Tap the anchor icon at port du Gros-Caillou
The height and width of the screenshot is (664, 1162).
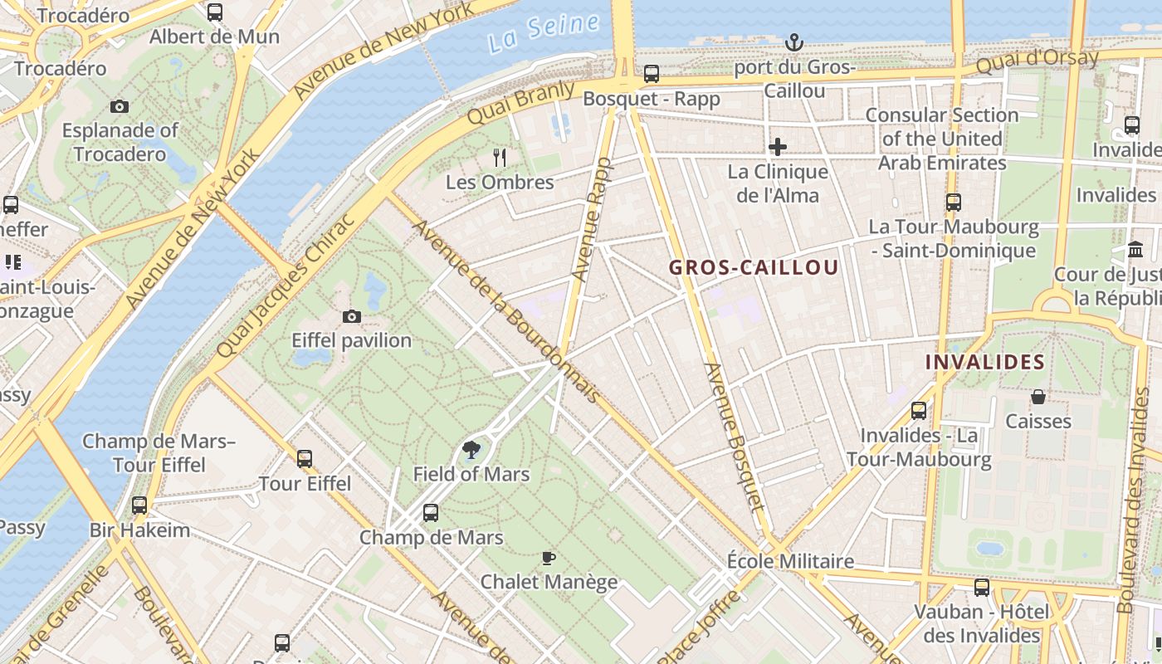pyautogui.click(x=794, y=42)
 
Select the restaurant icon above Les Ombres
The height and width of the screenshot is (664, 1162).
pyautogui.click(x=500, y=157)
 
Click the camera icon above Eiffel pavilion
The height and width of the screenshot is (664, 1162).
pyautogui.click(x=352, y=316)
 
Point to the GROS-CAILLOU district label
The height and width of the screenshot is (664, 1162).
pyautogui.click(x=754, y=267)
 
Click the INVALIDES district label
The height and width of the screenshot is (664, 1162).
pyautogui.click(x=984, y=362)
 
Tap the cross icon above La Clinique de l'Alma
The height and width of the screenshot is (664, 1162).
pyautogui.click(x=778, y=147)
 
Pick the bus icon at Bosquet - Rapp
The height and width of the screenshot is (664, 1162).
pyautogui.click(x=652, y=74)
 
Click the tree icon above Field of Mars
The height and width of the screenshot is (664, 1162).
pyautogui.click(x=471, y=450)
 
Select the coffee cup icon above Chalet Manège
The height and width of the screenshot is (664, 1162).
pyautogui.click(x=548, y=558)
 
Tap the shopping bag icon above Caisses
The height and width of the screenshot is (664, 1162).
pyautogui.click(x=1037, y=398)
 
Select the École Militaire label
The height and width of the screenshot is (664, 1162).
pyautogui.click(x=790, y=561)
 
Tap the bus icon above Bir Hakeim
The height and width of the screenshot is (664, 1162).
pyautogui.click(x=139, y=505)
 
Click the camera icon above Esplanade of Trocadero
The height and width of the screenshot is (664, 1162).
pyautogui.click(x=120, y=106)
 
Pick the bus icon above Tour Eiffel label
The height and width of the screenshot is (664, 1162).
pyautogui.click(x=305, y=458)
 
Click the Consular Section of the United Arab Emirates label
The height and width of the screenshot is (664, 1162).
pyautogui.click(x=942, y=139)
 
